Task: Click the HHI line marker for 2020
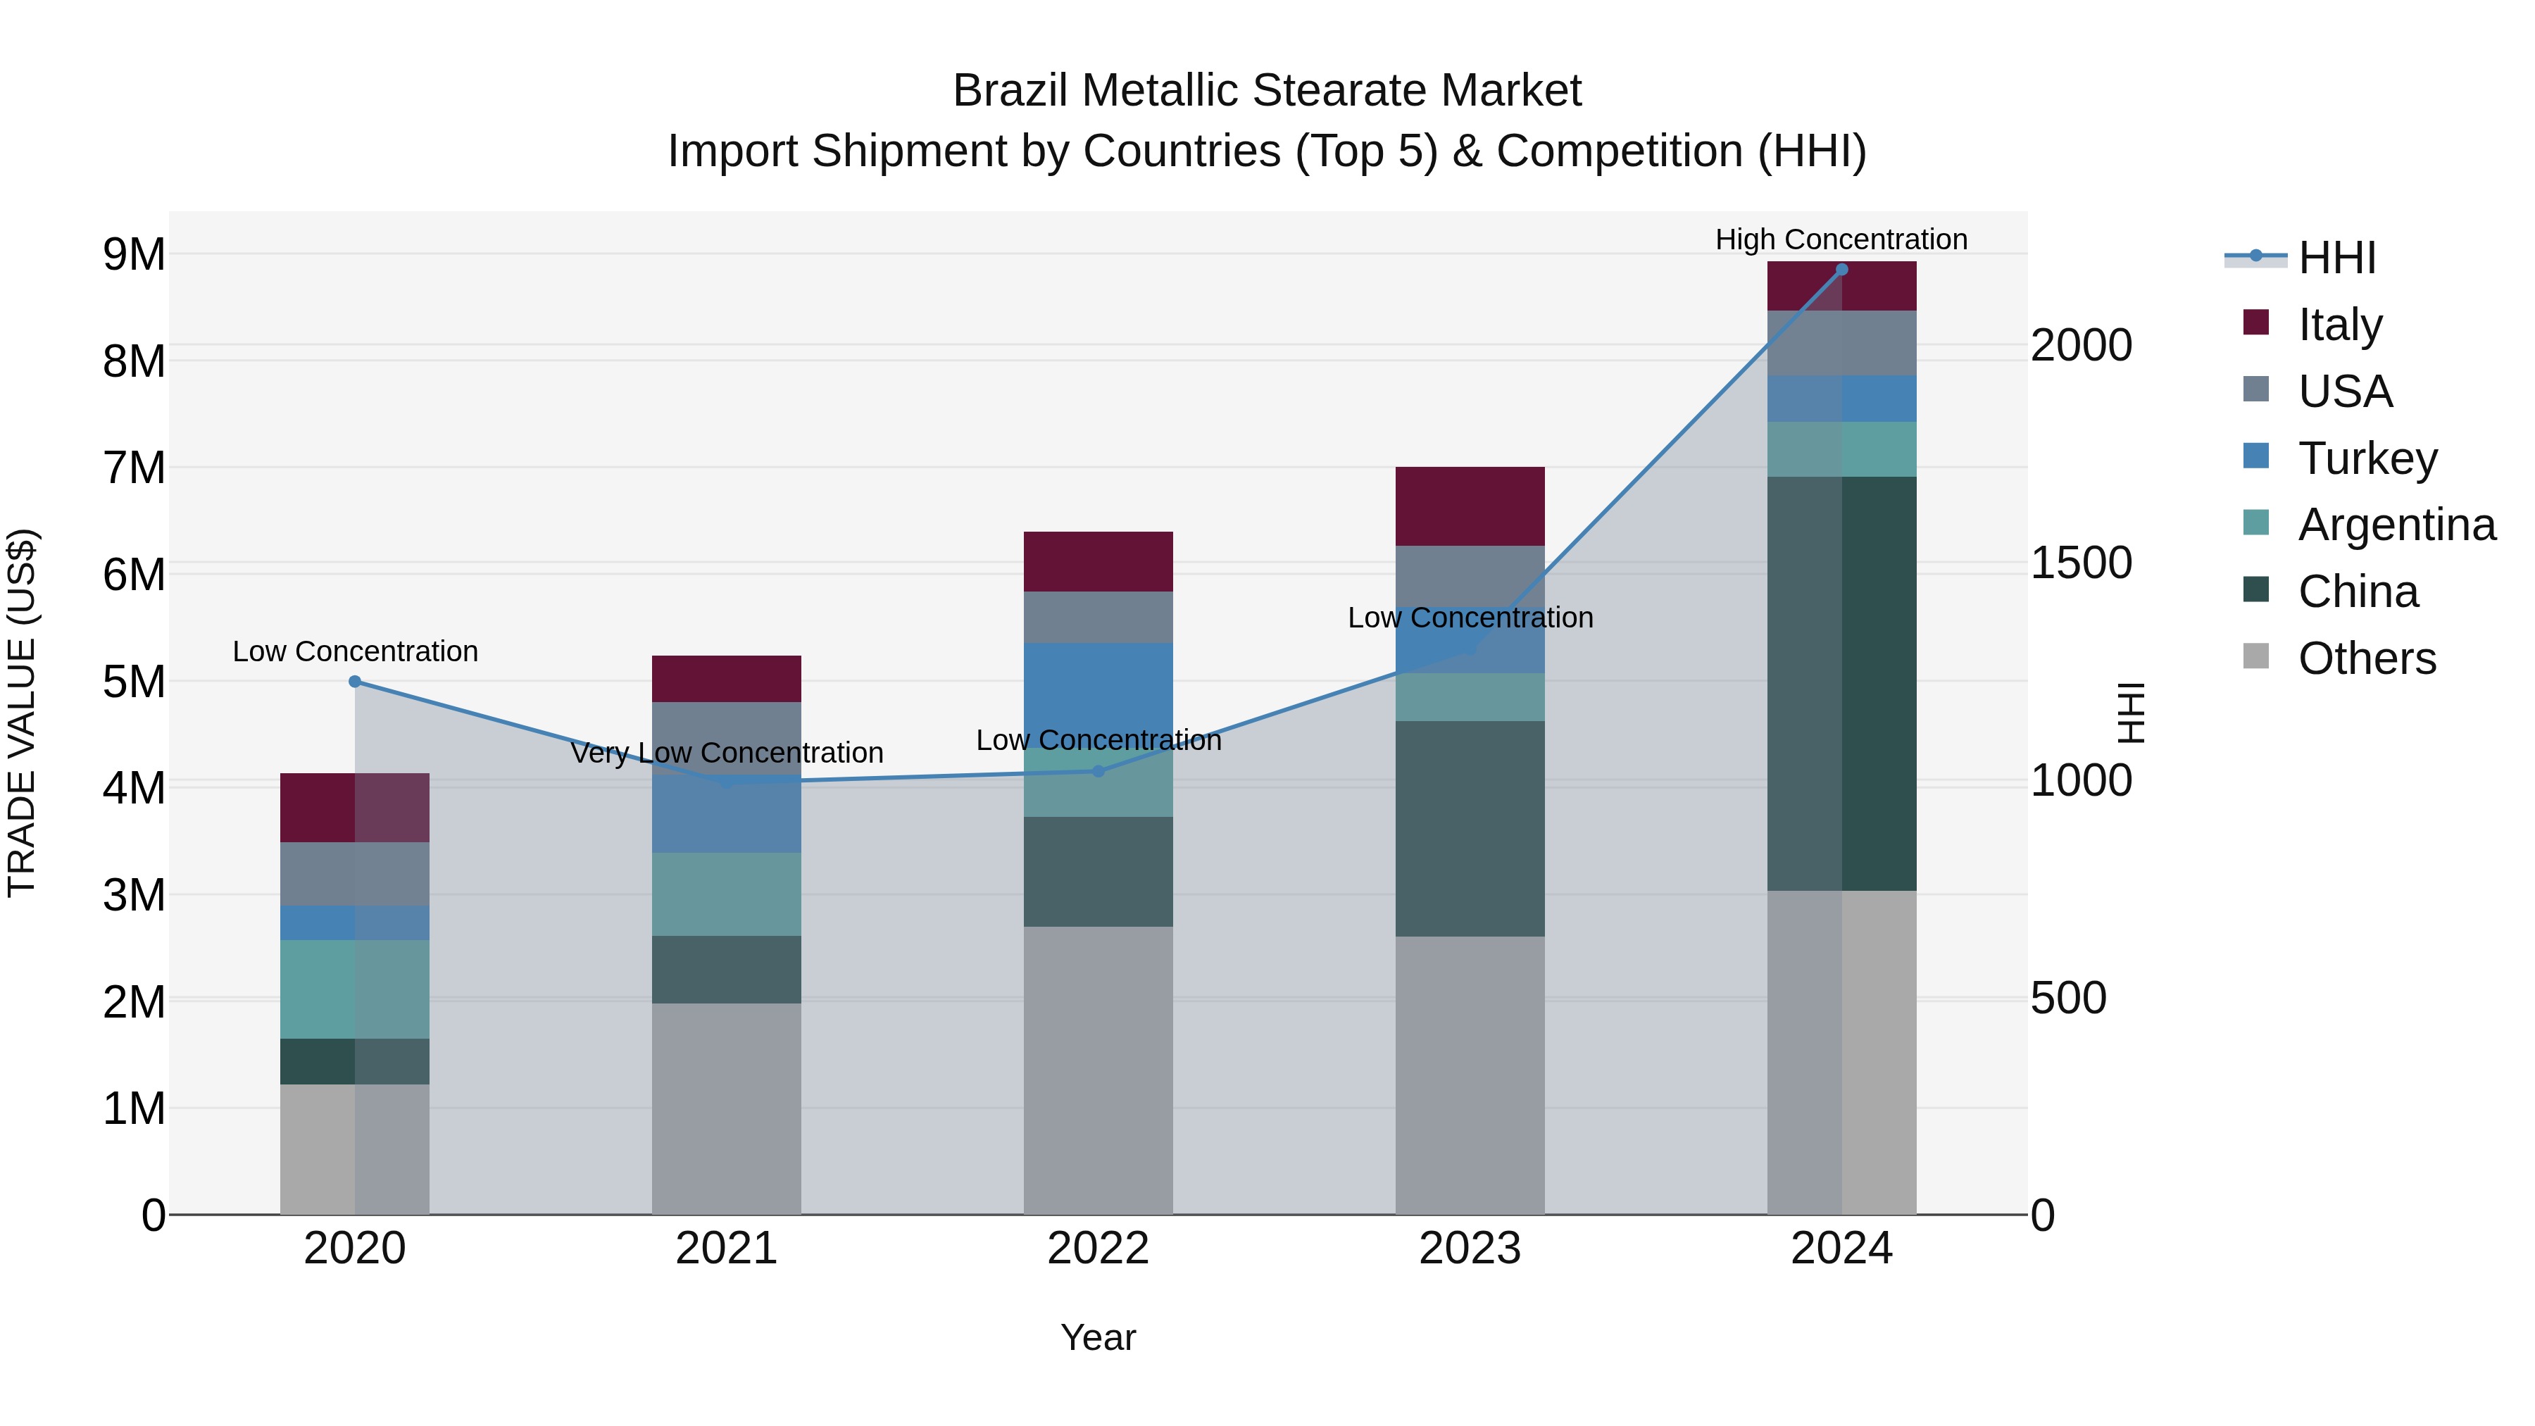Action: tap(356, 681)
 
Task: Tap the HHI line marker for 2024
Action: tap(1841, 270)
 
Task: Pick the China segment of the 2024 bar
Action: tap(1841, 683)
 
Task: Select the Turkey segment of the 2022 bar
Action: tap(1098, 689)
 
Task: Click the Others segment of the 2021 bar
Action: tap(726, 1108)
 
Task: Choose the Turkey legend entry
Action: tap(2367, 458)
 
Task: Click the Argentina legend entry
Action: tap(2396, 525)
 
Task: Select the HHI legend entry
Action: tap(2336, 258)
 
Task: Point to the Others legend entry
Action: tap(2366, 658)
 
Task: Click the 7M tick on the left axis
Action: tap(134, 468)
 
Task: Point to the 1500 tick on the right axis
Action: tap(2080, 563)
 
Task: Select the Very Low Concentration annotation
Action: tap(726, 753)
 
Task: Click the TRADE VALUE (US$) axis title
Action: tap(22, 713)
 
